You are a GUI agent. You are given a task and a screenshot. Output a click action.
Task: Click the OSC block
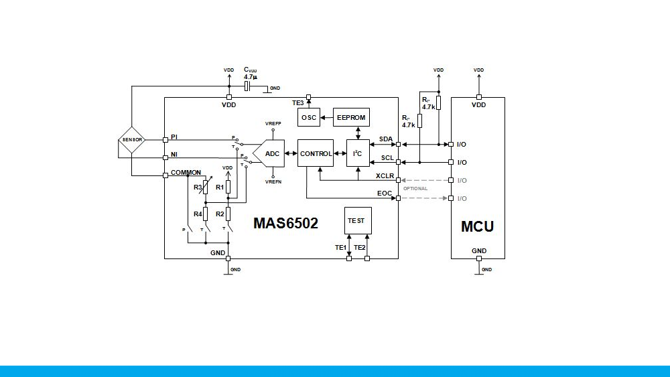click(x=309, y=118)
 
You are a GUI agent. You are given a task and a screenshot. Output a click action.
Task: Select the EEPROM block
click(x=351, y=118)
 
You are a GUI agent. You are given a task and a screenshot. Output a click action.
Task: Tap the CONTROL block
click(x=316, y=153)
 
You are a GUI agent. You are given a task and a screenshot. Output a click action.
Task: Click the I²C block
click(x=358, y=153)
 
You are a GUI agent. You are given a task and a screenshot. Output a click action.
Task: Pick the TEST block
click(x=358, y=220)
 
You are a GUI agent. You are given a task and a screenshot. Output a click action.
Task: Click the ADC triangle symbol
click(x=270, y=153)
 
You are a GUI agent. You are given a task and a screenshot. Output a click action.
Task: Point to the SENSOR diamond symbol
click(x=132, y=140)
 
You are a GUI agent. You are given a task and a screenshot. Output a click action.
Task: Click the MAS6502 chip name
click(x=285, y=223)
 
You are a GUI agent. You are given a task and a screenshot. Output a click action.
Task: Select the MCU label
click(x=477, y=226)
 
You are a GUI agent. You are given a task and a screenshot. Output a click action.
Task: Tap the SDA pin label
click(x=386, y=139)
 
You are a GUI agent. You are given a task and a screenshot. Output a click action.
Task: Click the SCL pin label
click(x=387, y=158)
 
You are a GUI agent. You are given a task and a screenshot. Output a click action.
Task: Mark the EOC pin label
click(x=385, y=193)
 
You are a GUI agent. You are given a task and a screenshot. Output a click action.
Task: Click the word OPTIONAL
click(x=415, y=189)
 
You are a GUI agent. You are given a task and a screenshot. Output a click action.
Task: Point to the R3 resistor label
click(x=198, y=187)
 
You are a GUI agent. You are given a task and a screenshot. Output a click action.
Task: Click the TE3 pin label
click(x=297, y=102)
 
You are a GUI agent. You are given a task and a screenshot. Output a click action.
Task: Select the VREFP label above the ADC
click(x=273, y=124)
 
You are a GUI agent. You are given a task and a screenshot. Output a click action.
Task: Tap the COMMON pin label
click(x=186, y=173)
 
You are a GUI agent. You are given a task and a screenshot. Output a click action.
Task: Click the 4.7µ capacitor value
click(x=251, y=77)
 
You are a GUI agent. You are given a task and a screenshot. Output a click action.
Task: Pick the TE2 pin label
click(x=360, y=248)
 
